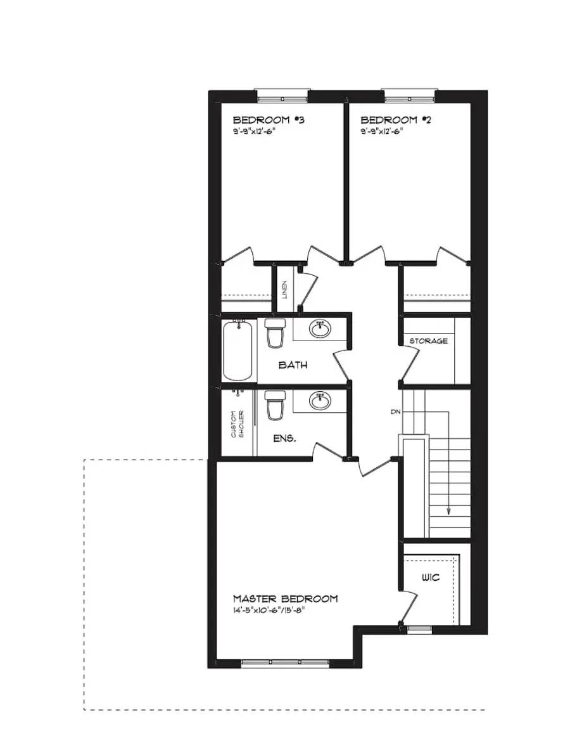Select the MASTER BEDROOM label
285,598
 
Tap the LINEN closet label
285,290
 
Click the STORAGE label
428,341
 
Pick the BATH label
293,365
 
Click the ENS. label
283,438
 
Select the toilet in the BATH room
274,333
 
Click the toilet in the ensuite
274,406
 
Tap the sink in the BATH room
320,328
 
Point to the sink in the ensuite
320,400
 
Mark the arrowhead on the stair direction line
448,511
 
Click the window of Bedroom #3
281,97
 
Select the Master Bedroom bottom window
287,664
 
